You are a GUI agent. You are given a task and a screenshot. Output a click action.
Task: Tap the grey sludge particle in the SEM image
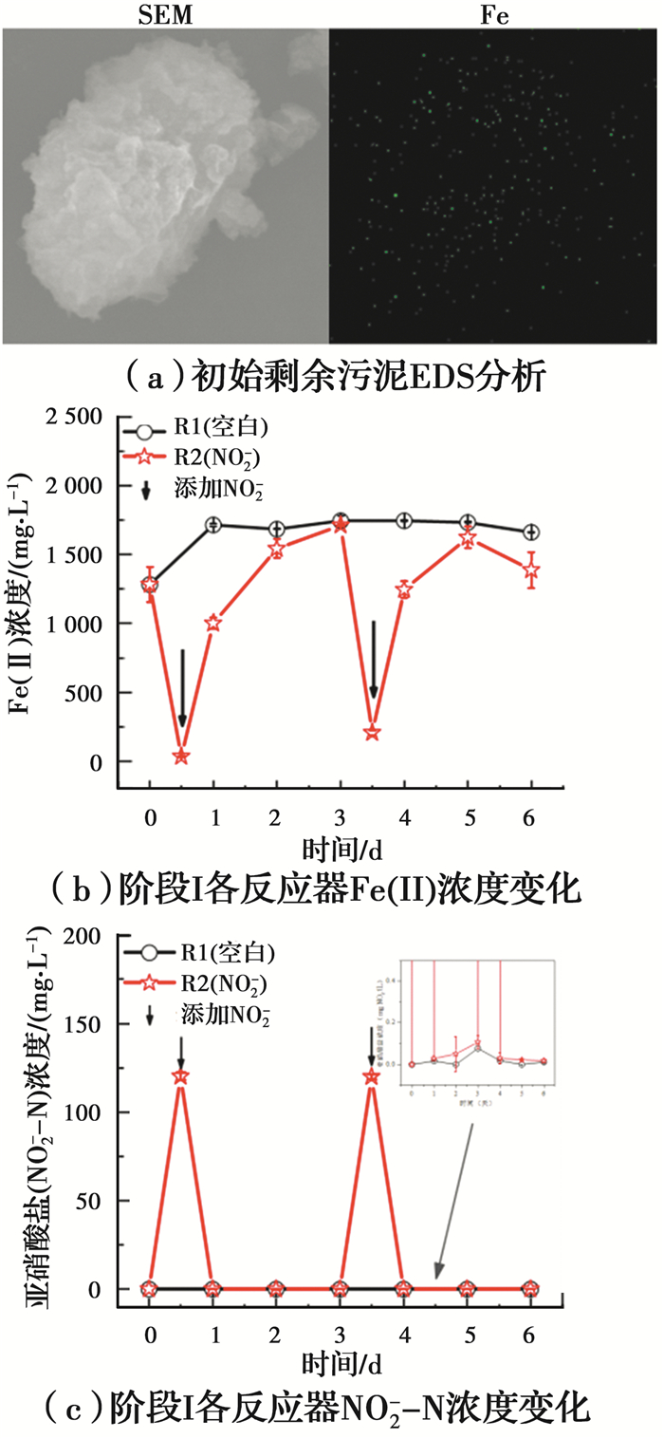tap(152, 180)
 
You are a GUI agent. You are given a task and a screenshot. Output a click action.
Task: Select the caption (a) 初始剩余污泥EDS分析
tap(329, 378)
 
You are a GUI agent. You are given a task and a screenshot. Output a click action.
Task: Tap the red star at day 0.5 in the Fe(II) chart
tap(181, 757)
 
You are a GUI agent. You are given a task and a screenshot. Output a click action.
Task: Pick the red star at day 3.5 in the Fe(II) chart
tap(373, 732)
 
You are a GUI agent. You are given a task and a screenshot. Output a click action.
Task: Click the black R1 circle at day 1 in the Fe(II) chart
tap(214, 525)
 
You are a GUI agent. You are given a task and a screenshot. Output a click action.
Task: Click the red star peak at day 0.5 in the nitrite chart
tap(180, 1076)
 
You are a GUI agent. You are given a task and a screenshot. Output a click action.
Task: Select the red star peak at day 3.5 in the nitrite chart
tap(372, 1076)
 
